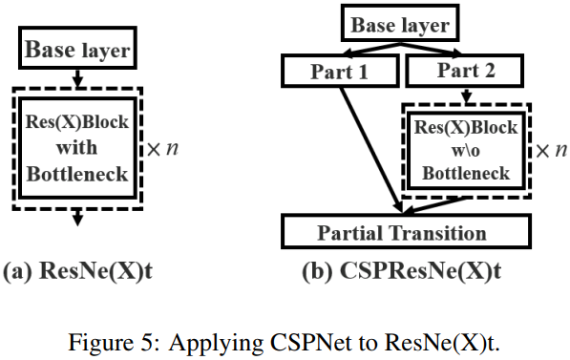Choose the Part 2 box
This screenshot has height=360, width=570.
(464, 70)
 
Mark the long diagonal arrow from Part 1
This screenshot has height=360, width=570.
(368, 143)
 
